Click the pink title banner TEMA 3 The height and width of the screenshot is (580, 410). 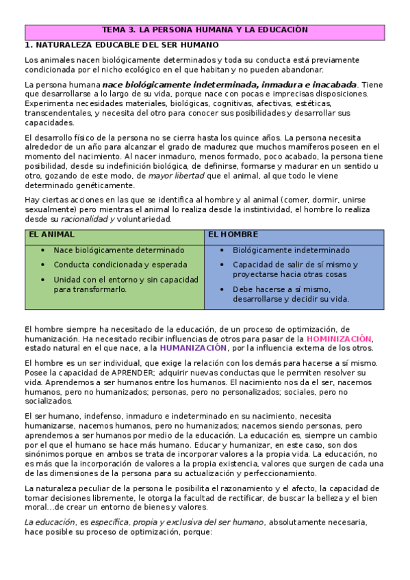pos(205,31)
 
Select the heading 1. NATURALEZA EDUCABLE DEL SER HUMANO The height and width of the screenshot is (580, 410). pos(121,44)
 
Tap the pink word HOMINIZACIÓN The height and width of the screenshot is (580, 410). pos(339,339)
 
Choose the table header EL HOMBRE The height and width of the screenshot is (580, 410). pos(233,234)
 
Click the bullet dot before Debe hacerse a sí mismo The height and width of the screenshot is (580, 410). pos(224,289)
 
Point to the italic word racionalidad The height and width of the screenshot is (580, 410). pos(83,219)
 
